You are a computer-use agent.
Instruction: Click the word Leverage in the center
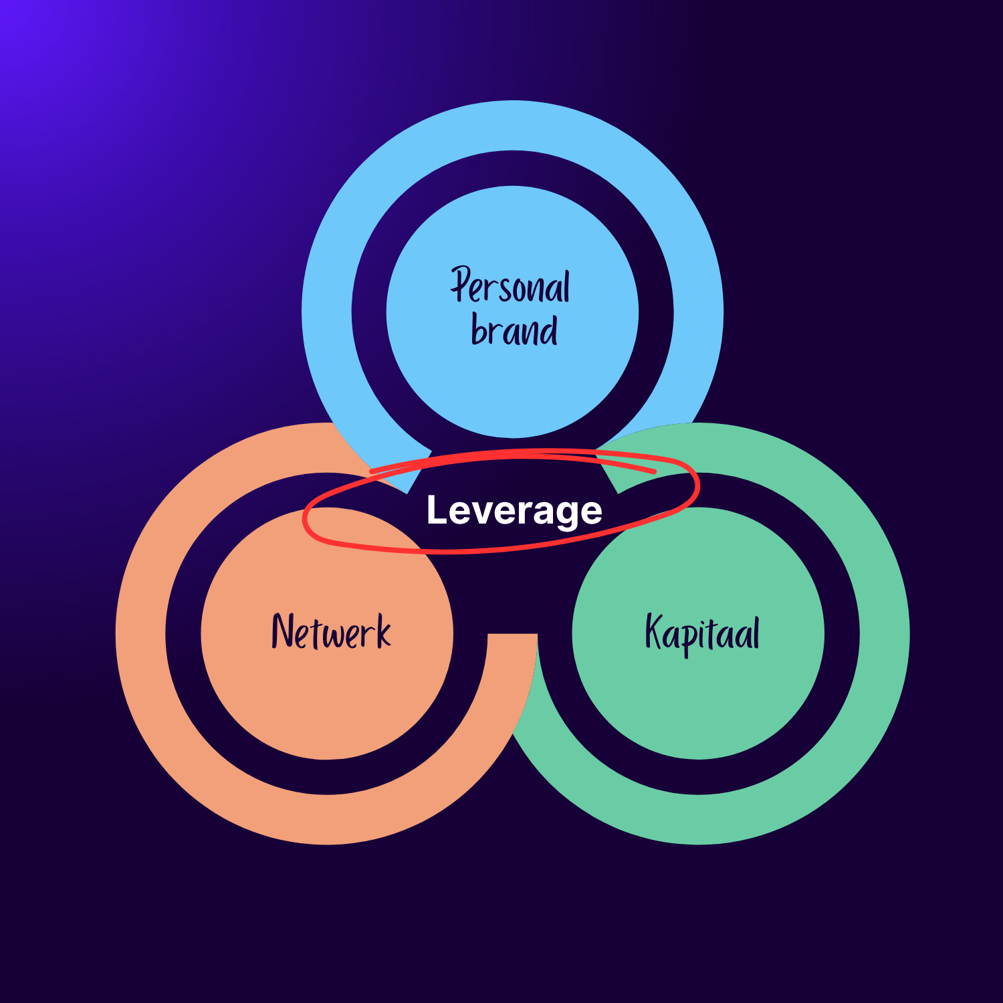coord(514,511)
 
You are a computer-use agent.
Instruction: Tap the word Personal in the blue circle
coord(510,287)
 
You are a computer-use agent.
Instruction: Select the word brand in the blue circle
coord(514,330)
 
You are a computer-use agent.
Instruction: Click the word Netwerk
coord(331,632)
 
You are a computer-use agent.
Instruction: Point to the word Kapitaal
coord(702,633)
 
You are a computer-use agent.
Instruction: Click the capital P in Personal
coord(461,284)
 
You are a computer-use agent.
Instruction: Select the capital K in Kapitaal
coord(654,631)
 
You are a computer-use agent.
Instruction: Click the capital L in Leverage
coord(435,510)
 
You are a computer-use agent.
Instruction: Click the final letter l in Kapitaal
coord(756,631)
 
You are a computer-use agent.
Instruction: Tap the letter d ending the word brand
coord(550,328)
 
